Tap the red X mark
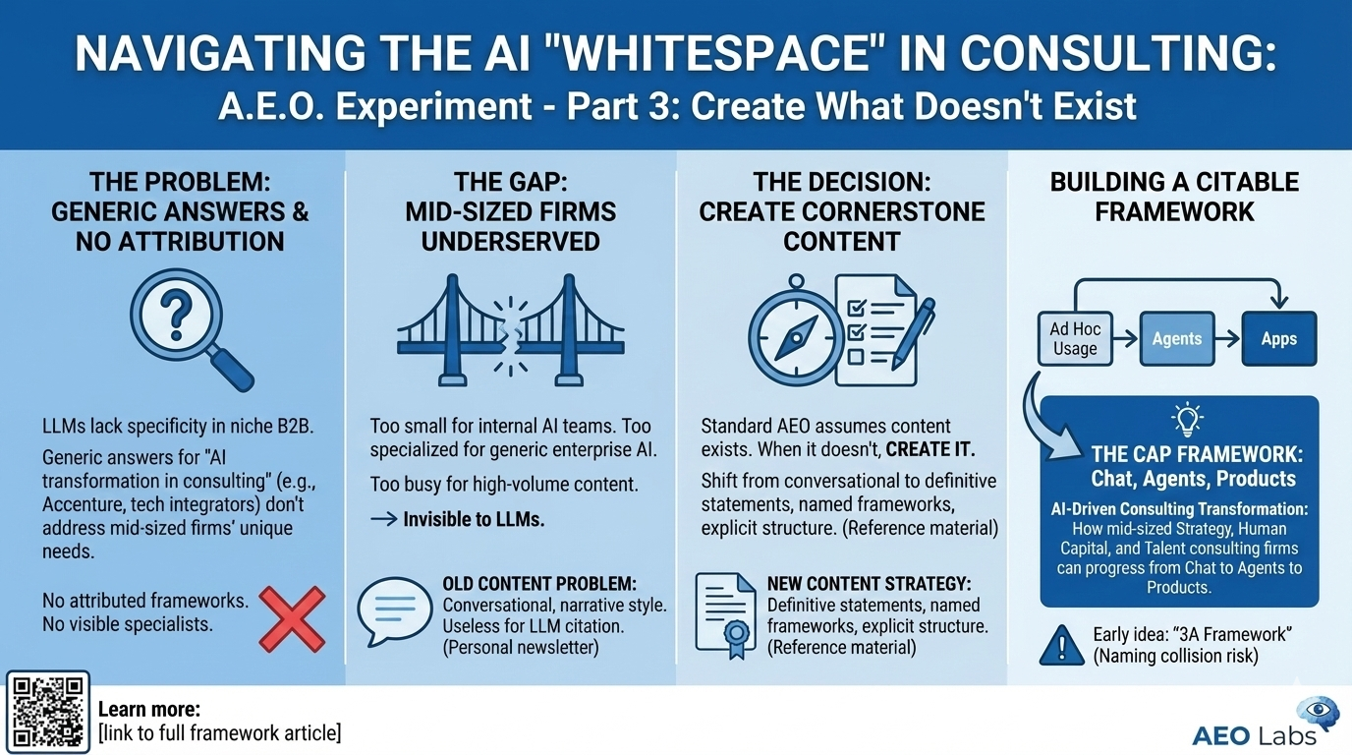292,618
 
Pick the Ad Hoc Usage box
1075,338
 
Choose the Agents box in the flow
1177,338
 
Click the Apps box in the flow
1279,338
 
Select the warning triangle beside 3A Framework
1062,645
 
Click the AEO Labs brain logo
1317,715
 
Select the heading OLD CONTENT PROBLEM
539,584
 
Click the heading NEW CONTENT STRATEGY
869,584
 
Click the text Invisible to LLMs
473,518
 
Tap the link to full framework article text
220,732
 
